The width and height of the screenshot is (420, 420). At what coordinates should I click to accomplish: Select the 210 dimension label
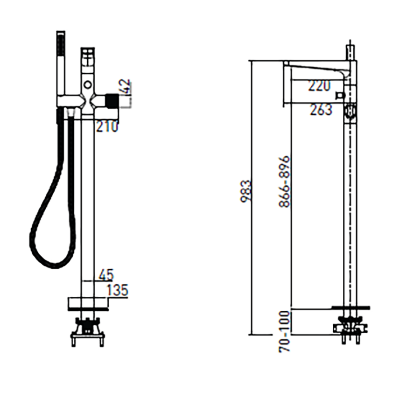pyautogui.click(x=107, y=126)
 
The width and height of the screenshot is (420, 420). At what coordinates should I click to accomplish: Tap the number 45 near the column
pyautogui.click(x=106, y=275)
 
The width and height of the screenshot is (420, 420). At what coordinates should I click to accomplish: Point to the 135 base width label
pyautogui.click(x=117, y=290)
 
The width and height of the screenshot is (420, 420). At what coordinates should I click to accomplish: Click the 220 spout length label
pyautogui.click(x=319, y=86)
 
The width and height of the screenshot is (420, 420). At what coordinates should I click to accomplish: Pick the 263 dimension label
pyautogui.click(x=321, y=109)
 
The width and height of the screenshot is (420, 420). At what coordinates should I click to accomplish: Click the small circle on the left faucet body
pyautogui.click(x=87, y=85)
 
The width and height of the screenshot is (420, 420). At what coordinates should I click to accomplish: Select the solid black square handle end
pyautogui.click(x=112, y=100)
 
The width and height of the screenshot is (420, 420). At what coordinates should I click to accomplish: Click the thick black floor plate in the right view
pyautogui.click(x=351, y=307)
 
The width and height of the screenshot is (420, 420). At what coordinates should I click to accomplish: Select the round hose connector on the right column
pyautogui.click(x=350, y=112)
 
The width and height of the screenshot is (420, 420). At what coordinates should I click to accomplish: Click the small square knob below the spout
pyautogui.click(x=341, y=95)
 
